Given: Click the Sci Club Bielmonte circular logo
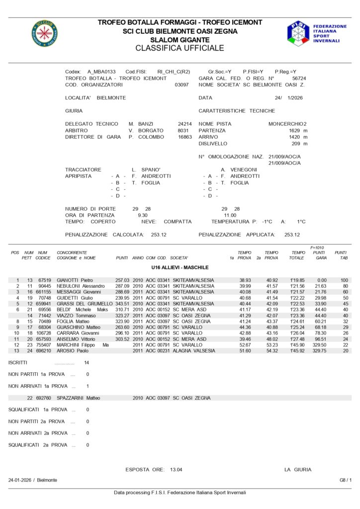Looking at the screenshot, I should pos(45,33).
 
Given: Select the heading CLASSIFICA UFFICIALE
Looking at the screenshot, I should pos(180,48).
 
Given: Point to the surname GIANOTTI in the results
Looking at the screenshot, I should pos(69,280).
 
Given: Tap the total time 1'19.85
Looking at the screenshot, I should pos(298,280).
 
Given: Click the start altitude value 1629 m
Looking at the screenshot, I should pos(298,130).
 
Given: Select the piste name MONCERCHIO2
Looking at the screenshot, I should pos(287,124).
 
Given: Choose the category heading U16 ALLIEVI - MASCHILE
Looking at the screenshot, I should pos(180,267).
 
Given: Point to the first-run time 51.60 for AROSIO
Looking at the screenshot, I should pos(245,350).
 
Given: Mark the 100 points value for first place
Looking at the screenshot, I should pos(344,280).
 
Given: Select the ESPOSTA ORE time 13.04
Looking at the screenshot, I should pos(176,469).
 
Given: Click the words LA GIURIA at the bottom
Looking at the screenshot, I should pos(298,469).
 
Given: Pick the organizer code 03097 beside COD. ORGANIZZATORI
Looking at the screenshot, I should pos(182,85).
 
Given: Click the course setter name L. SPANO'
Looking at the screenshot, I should pos(146,170).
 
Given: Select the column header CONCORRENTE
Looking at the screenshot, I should pos(72,253).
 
